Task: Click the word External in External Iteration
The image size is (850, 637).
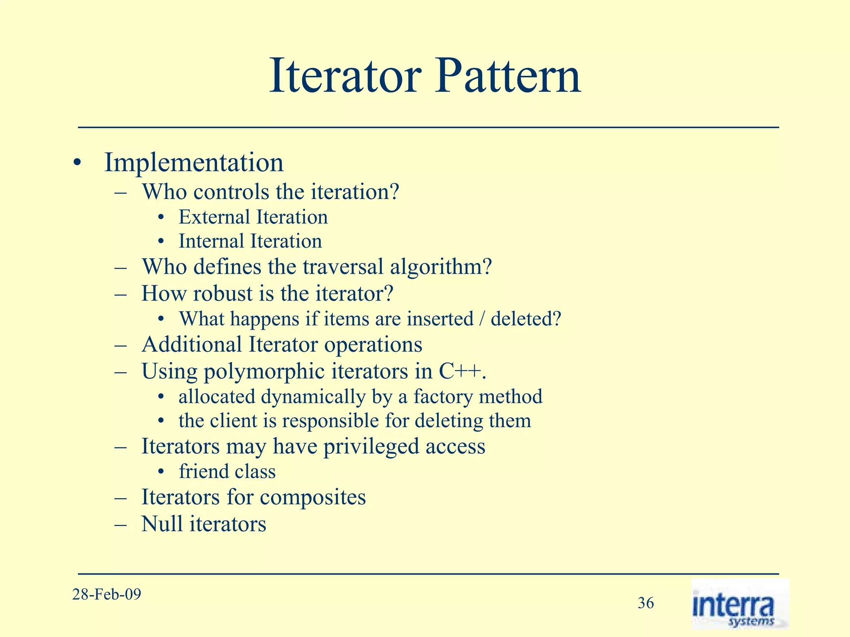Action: click(214, 217)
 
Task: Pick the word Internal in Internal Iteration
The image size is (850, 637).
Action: click(211, 241)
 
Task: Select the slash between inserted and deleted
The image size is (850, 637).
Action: click(482, 319)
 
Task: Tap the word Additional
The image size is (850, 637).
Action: click(192, 345)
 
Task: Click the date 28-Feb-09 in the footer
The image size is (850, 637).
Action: click(107, 594)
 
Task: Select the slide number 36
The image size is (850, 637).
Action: click(645, 603)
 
